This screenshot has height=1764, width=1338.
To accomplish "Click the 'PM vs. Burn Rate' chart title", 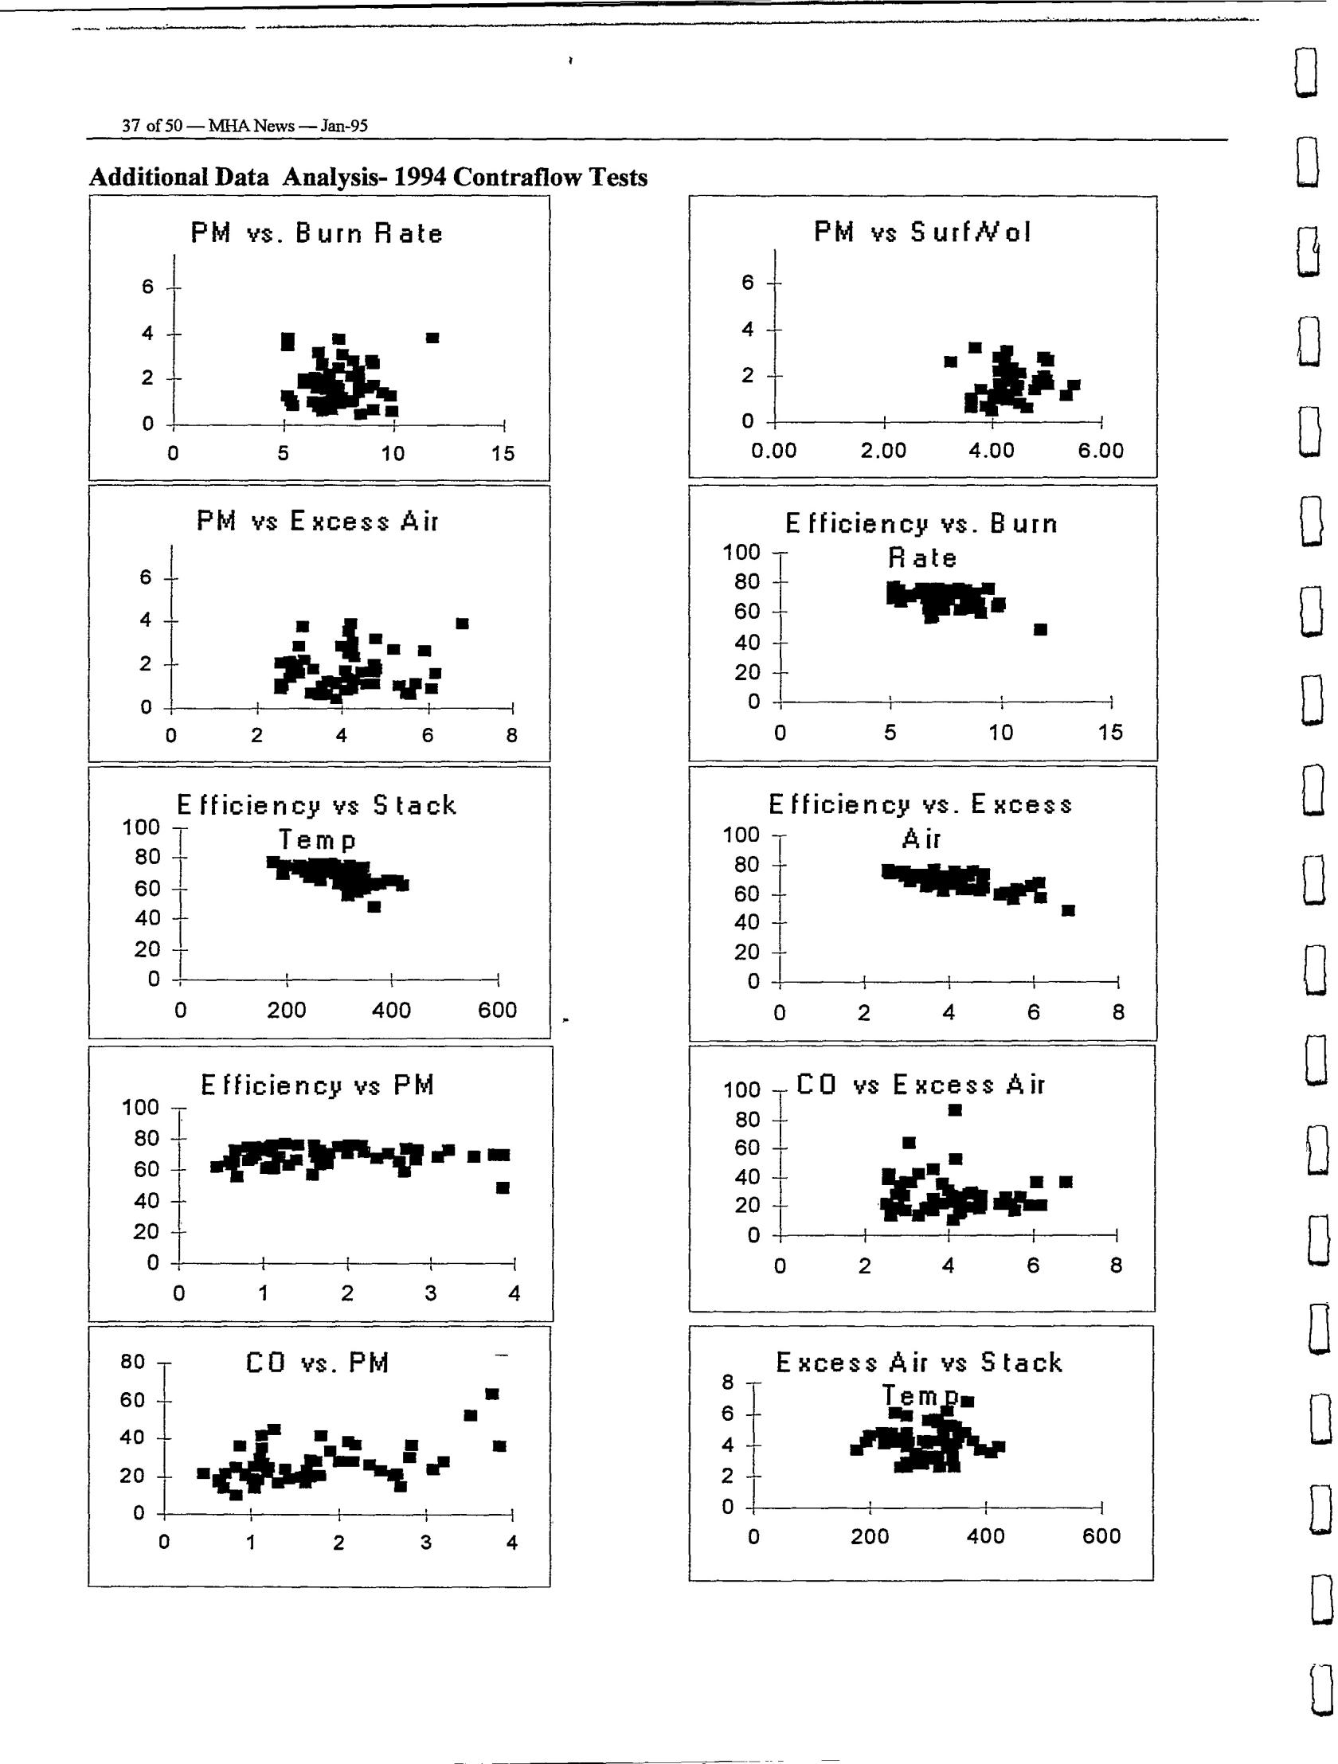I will click(x=316, y=233).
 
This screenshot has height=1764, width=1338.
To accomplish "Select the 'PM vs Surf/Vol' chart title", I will click(x=922, y=232).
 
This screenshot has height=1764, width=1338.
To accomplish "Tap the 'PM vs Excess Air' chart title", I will click(x=317, y=522).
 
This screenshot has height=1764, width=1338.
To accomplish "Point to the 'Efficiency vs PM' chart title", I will click(x=317, y=1085).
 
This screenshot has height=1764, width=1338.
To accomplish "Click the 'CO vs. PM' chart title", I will click(x=317, y=1363).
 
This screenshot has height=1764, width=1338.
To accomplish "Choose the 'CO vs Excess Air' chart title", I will click(x=920, y=1085).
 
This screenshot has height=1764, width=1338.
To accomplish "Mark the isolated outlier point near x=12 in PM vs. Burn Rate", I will click(x=432, y=338).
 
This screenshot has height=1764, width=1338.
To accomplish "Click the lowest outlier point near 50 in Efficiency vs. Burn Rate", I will click(x=1040, y=629).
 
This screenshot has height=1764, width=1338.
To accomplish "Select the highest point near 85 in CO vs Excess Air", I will click(x=955, y=1109).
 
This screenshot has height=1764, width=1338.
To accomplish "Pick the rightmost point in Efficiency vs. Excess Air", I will click(x=1069, y=910).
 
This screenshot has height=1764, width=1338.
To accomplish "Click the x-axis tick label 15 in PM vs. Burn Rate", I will click(x=503, y=454).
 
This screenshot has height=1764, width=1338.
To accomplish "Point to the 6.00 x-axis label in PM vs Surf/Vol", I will click(x=1101, y=451).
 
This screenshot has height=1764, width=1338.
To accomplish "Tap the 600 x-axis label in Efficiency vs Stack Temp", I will click(x=498, y=1011).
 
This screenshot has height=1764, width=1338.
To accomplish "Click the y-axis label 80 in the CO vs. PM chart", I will click(x=132, y=1361).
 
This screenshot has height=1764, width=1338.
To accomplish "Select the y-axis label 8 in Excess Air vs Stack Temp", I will click(x=727, y=1382).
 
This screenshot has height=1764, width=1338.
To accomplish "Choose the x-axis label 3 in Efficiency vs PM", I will click(x=431, y=1293).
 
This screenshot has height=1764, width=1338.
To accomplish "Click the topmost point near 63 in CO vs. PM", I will click(x=492, y=1394).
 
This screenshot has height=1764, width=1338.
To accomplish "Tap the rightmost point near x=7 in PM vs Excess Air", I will click(x=463, y=624).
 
